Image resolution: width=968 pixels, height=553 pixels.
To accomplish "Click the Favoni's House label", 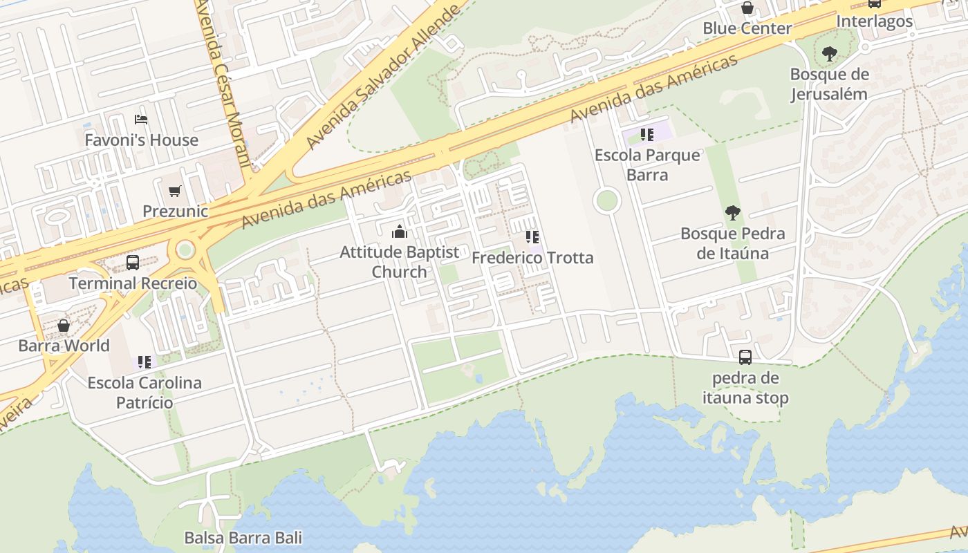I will (x=141, y=140).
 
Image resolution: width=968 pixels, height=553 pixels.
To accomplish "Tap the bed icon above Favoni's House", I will (x=141, y=120).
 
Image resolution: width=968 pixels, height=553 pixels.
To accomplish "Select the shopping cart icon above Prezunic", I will (x=175, y=191).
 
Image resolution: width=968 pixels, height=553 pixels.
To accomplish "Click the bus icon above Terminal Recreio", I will (x=133, y=263).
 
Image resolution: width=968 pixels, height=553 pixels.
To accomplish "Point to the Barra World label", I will (x=64, y=346).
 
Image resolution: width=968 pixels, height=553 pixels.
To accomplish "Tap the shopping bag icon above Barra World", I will (x=64, y=325).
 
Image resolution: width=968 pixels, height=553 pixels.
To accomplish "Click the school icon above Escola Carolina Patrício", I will (x=145, y=362).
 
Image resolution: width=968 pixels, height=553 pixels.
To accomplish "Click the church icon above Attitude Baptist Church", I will (x=400, y=232).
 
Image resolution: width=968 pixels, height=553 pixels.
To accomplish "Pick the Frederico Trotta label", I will (x=532, y=258).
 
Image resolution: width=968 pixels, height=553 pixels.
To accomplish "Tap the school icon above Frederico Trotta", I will (x=532, y=237).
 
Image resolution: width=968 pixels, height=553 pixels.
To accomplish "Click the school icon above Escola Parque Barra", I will (x=647, y=134).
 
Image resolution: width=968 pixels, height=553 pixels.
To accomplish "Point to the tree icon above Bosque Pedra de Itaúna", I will (x=733, y=213).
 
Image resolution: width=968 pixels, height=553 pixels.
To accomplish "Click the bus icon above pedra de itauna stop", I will (x=745, y=357).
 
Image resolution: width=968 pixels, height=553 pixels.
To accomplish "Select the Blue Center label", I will (x=747, y=28).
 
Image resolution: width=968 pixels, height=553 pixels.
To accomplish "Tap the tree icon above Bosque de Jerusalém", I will (x=829, y=53).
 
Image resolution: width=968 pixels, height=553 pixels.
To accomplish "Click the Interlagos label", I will (x=875, y=21).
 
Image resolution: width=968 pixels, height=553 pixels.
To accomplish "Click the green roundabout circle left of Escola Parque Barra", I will (x=606, y=201).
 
